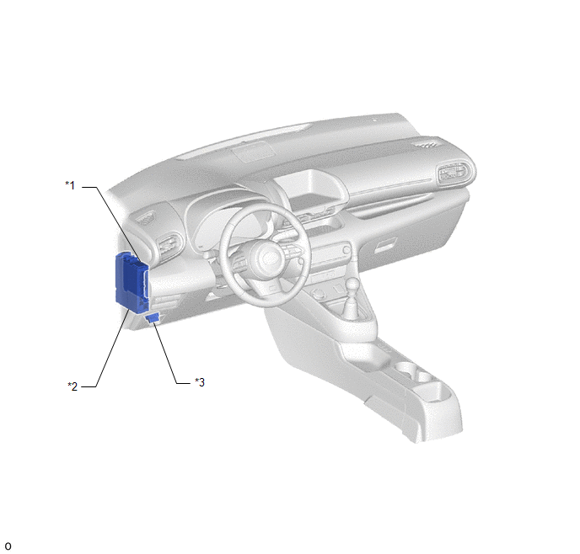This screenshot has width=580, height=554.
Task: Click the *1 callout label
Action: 70,185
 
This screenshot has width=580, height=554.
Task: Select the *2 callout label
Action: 72,386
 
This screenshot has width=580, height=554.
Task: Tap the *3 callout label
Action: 200,382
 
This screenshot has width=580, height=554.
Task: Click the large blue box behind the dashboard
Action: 132,281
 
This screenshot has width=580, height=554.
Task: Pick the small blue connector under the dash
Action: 153,317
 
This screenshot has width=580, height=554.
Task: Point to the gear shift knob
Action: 352,285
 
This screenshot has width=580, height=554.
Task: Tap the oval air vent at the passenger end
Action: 454,173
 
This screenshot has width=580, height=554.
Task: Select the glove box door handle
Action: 386,246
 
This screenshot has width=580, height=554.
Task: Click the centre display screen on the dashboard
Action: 310,189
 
